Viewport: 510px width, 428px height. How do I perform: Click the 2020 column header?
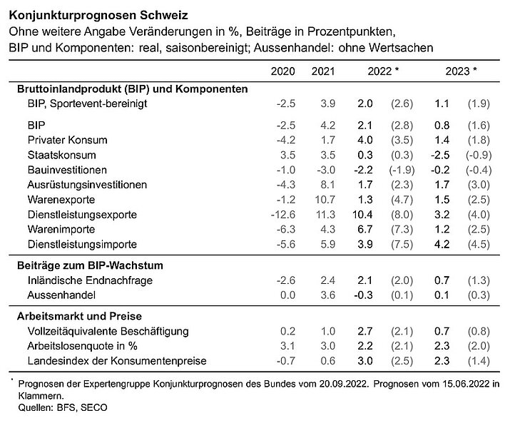[284, 71]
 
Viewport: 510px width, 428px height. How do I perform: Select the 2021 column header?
[324, 71]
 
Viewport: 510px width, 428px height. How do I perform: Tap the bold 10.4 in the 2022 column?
[367, 214]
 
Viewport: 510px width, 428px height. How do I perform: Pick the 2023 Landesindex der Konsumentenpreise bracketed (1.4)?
[479, 361]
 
